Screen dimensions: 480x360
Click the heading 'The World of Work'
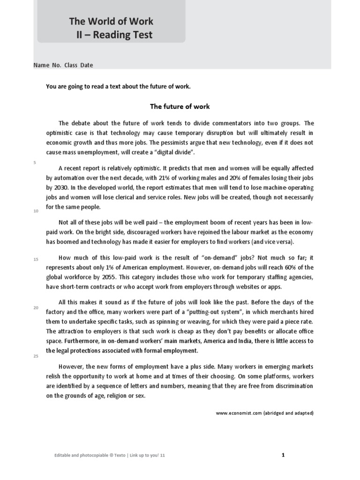pyautogui.click(x=111, y=21)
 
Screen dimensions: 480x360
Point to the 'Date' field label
pyautogui.click(x=86, y=65)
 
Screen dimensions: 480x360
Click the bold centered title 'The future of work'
pyautogui.click(x=180, y=106)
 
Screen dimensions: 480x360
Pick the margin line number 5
pyautogui.click(x=35, y=162)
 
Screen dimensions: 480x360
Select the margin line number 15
pyautogui.click(x=36, y=259)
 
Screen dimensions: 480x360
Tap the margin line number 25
pyautogui.click(x=36, y=356)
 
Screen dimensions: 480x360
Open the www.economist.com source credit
pyautogui.click(x=264, y=413)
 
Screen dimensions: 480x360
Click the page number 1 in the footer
pyautogui.click(x=284, y=455)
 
